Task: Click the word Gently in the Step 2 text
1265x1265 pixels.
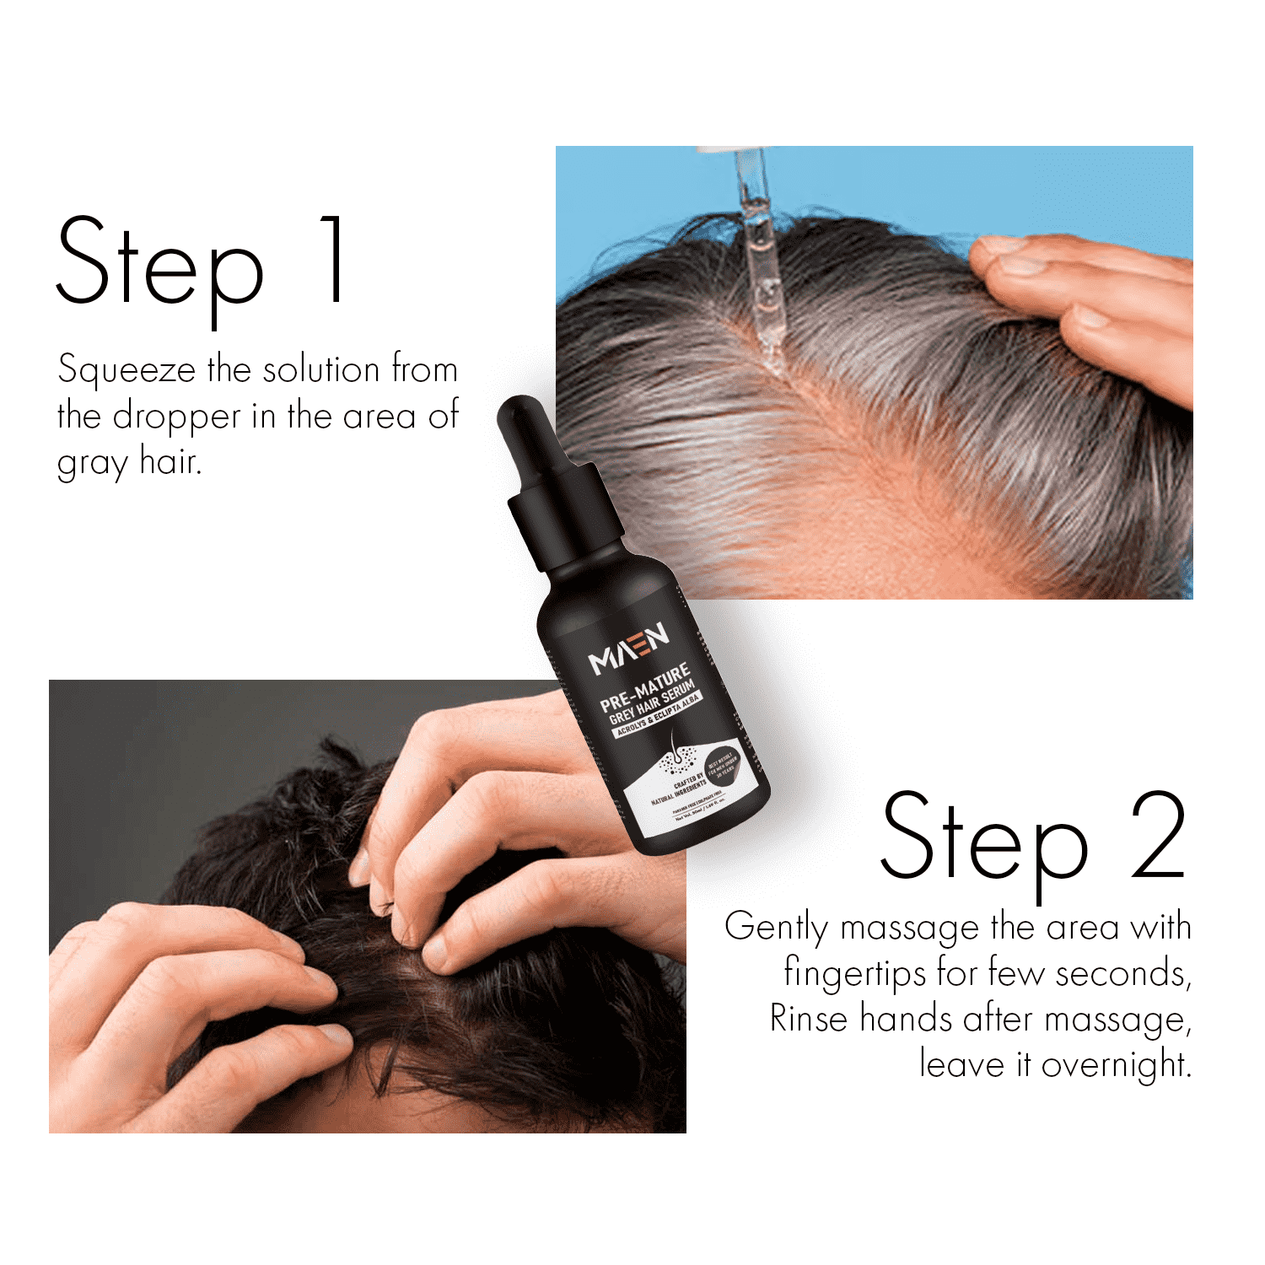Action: coord(776,928)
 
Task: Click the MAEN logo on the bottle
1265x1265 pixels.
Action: coord(629,649)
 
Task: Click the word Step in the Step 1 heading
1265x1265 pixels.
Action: coord(160,261)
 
